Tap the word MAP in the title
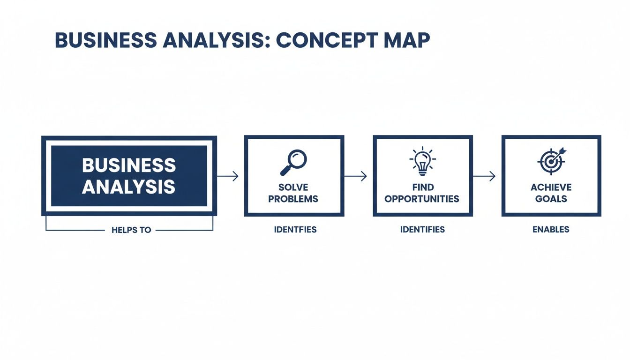coord(406,41)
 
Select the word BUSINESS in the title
coord(105,41)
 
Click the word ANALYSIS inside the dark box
coord(128,187)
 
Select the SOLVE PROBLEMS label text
coord(293,193)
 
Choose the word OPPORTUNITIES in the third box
coord(422,199)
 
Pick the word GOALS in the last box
coord(551,199)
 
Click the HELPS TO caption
coord(131,230)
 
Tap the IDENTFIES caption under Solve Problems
coord(295,230)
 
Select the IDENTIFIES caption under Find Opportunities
coord(422,230)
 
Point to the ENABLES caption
coord(551,230)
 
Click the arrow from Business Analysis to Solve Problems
coord(228,176)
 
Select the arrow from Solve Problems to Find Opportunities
coord(356,176)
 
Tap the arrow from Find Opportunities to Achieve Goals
coord(484,176)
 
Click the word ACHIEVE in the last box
coord(551,187)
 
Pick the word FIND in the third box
coord(423,187)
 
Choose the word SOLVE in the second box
coord(293,187)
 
